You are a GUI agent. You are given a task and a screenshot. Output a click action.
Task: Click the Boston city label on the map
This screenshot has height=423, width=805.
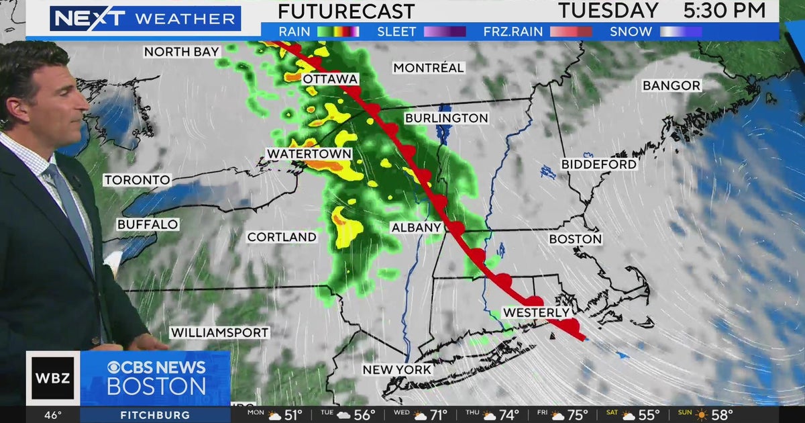(x=576, y=239)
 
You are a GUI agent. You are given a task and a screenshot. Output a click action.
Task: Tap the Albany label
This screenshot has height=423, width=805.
(x=416, y=228)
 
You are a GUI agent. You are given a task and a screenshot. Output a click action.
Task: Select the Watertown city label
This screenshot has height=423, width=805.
(x=309, y=154)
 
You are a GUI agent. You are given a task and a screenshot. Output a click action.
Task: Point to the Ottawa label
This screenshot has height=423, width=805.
(x=329, y=79)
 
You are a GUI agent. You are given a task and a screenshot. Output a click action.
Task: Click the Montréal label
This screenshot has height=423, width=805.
(x=429, y=68)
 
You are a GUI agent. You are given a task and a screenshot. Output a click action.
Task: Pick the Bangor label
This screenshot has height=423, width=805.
(x=672, y=85)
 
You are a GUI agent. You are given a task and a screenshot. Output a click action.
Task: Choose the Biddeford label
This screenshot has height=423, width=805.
(x=599, y=164)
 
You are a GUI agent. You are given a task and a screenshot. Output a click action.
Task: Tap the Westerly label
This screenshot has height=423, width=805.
(x=537, y=313)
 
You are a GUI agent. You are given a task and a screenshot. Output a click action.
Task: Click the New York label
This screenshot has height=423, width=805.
(x=397, y=369)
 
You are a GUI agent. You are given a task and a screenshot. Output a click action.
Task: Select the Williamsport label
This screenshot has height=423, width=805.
(x=219, y=332)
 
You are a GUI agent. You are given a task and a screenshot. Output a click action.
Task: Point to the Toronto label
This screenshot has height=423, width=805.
(x=137, y=180)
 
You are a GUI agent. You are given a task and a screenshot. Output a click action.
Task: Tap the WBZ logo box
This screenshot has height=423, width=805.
(x=53, y=377)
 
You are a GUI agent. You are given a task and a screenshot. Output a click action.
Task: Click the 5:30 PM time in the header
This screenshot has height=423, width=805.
(x=724, y=11)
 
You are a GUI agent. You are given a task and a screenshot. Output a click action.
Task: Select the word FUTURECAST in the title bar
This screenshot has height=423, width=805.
(x=346, y=11)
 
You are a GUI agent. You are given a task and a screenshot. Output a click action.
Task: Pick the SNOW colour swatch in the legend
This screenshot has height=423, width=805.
(x=681, y=32)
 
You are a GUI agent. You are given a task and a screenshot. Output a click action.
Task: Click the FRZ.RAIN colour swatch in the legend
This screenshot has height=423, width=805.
(x=571, y=32)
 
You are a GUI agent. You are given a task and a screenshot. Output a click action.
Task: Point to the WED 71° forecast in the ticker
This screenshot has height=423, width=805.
(x=432, y=416)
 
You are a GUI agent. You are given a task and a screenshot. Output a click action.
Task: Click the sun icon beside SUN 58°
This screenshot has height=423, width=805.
(x=700, y=416)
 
